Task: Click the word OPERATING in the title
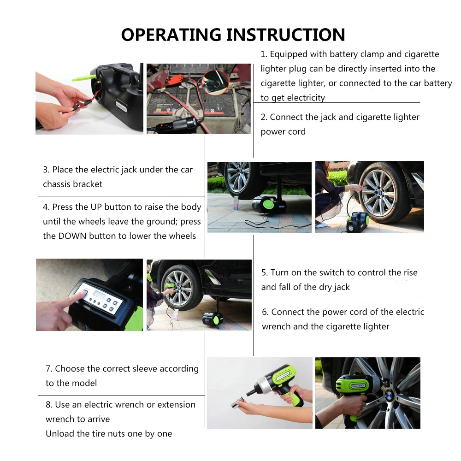[171, 35]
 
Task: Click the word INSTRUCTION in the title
[286, 35]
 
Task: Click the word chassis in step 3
[56, 184]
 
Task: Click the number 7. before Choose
[49, 369]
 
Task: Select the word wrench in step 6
[276, 327]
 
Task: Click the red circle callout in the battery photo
[215, 83]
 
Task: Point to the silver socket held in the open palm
[238, 402]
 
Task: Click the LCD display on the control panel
[99, 294]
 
